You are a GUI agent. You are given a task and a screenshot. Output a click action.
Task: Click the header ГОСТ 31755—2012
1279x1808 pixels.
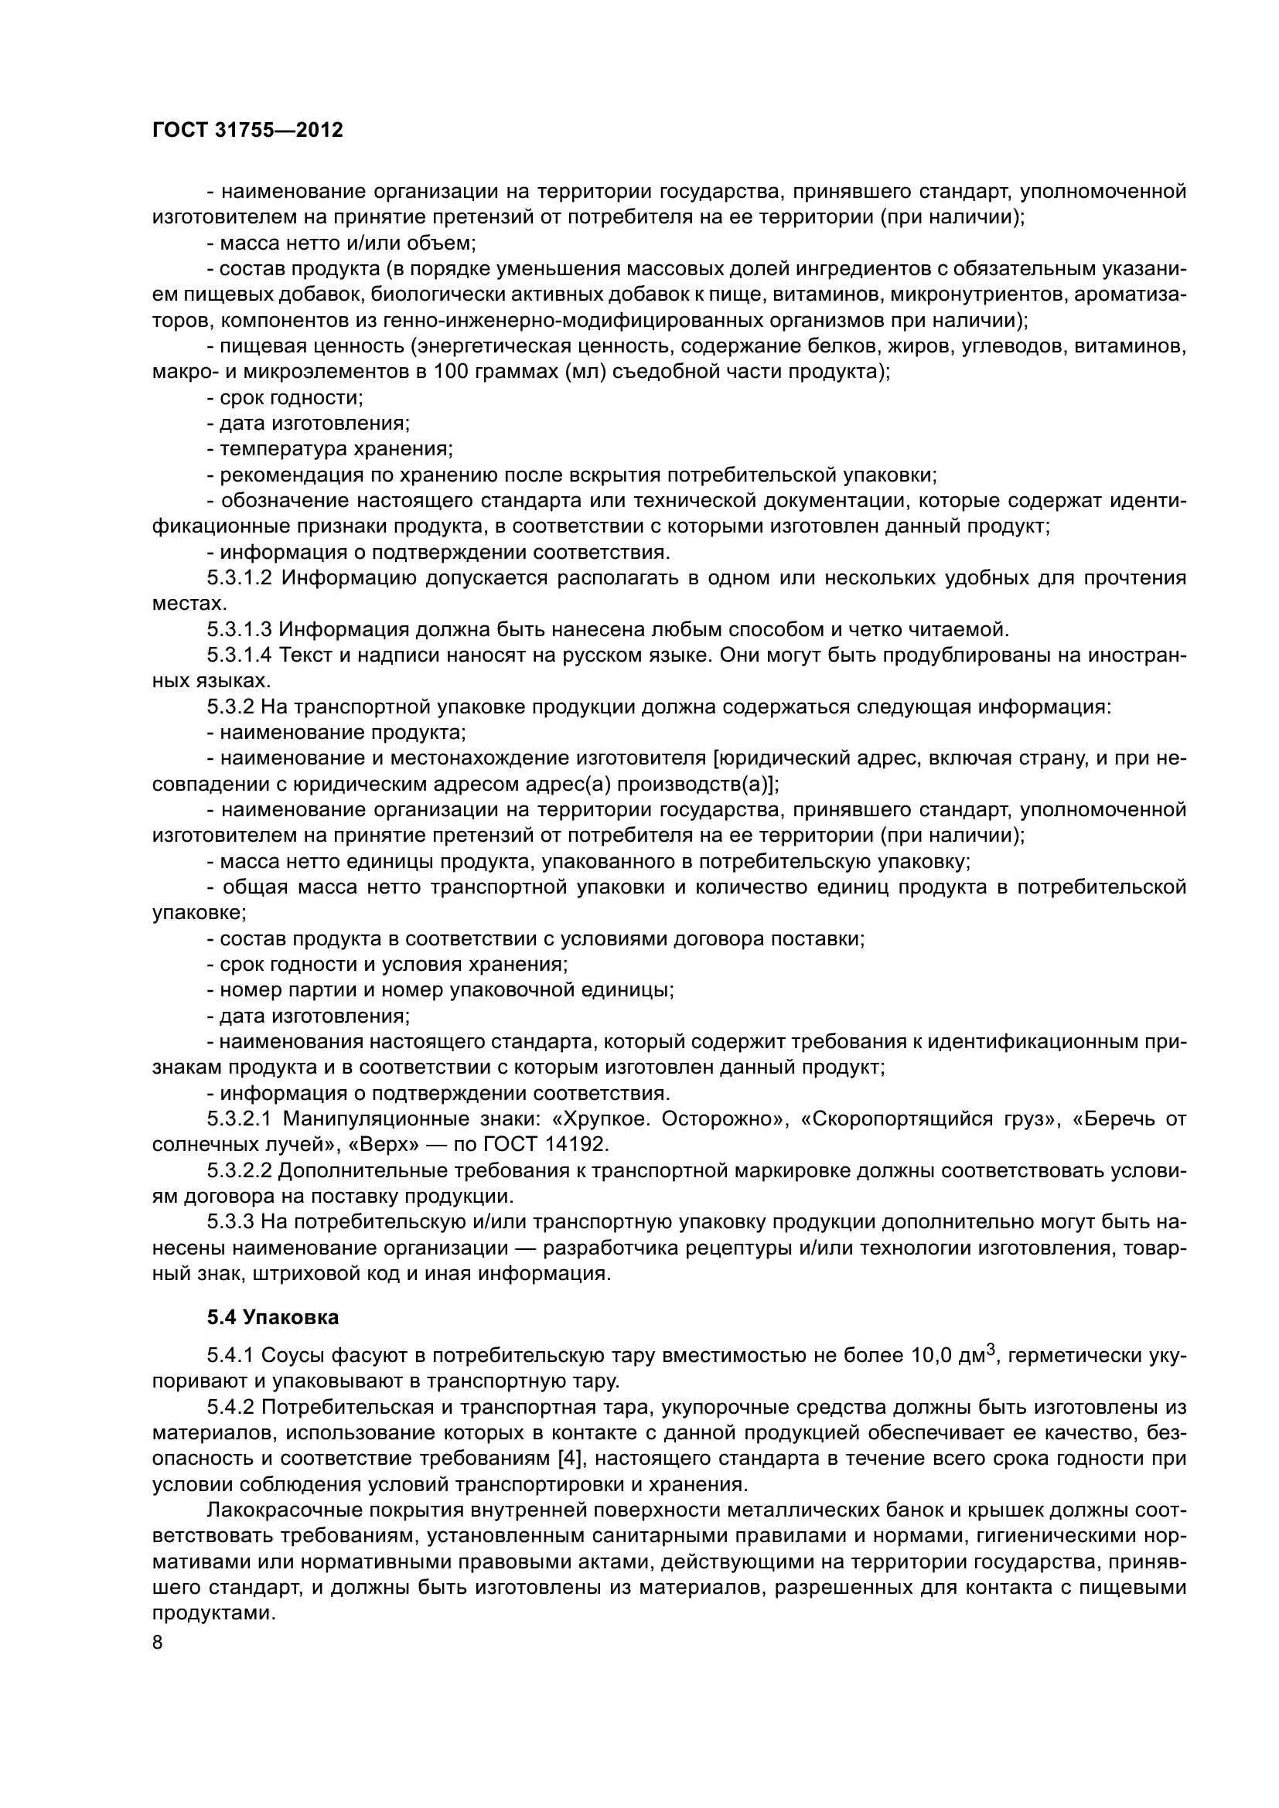pos(248,131)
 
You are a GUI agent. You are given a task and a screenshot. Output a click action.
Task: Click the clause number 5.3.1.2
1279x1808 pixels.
pos(240,579)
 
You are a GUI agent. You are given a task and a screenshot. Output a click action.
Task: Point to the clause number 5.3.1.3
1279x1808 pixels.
pos(240,630)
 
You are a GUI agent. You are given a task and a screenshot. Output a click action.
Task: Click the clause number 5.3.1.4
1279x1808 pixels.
pos(240,656)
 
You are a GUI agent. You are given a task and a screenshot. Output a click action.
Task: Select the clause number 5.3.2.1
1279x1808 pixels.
pos(240,1119)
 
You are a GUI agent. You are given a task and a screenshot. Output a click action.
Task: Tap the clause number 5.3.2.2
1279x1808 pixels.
pos(240,1171)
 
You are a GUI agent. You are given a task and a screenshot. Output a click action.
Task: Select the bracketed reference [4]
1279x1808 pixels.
pos(571,1459)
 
